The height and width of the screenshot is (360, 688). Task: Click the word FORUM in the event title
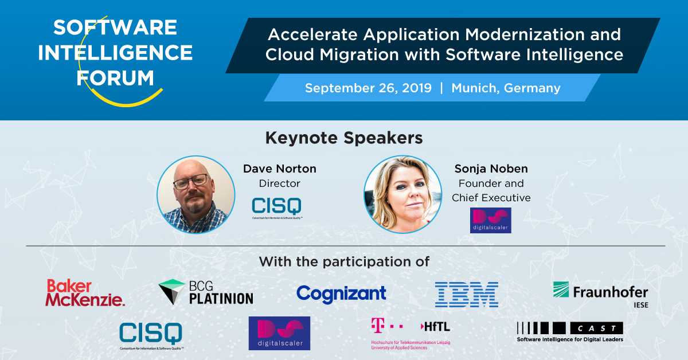(x=115, y=78)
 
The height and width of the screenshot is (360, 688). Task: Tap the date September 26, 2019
(x=368, y=88)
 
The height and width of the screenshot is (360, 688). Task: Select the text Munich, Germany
(x=506, y=88)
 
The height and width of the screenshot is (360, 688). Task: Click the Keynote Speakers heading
(x=344, y=138)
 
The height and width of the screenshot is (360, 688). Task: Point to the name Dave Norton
(x=280, y=169)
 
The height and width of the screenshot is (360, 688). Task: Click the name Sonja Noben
(x=491, y=169)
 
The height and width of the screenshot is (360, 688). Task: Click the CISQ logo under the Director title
(x=277, y=208)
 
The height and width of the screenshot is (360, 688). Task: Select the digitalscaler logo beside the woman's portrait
(x=490, y=220)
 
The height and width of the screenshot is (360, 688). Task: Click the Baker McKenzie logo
(x=85, y=292)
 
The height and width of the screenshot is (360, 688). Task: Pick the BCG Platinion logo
(x=206, y=292)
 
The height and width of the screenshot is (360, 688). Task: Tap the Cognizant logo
(x=341, y=294)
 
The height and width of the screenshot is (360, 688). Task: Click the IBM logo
(x=466, y=294)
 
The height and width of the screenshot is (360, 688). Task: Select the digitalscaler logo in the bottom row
(x=279, y=333)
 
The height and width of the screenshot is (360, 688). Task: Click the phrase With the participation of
(x=344, y=262)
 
